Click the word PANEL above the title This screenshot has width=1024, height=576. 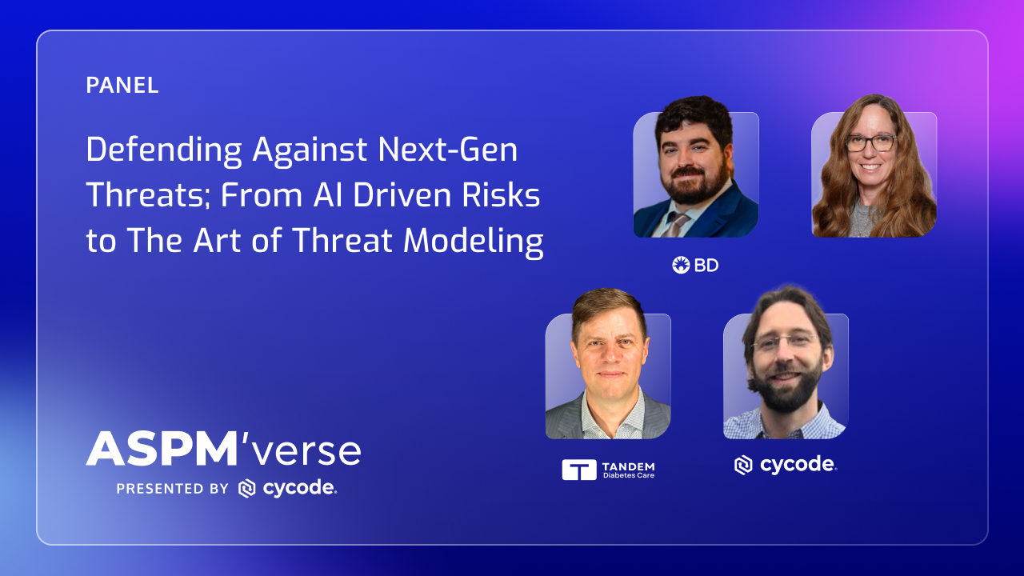[122, 86]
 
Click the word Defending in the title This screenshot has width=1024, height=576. [164, 150]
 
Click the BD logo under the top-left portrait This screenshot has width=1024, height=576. [695, 265]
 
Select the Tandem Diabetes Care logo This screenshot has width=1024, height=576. [609, 470]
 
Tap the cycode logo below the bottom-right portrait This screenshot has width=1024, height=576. [786, 465]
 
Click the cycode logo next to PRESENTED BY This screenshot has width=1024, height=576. [288, 488]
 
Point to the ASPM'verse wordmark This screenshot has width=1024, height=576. [223, 450]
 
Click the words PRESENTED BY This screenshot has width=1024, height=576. [173, 489]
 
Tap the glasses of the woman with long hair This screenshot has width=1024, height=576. [870, 143]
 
